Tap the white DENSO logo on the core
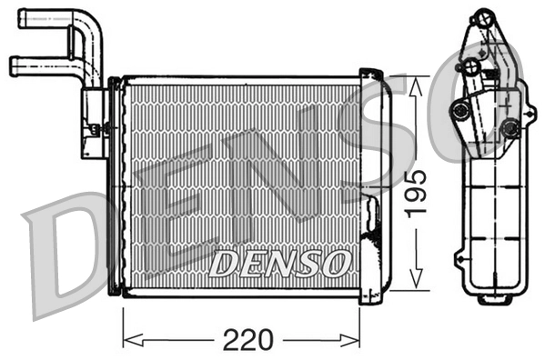coord(278,264)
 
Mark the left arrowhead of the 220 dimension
coord(126,340)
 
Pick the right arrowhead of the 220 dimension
coord(357,340)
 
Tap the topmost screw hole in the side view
coord(479,17)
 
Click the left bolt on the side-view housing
coord(461,111)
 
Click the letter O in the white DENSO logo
coord(334,264)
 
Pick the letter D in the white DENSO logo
coord(223,264)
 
